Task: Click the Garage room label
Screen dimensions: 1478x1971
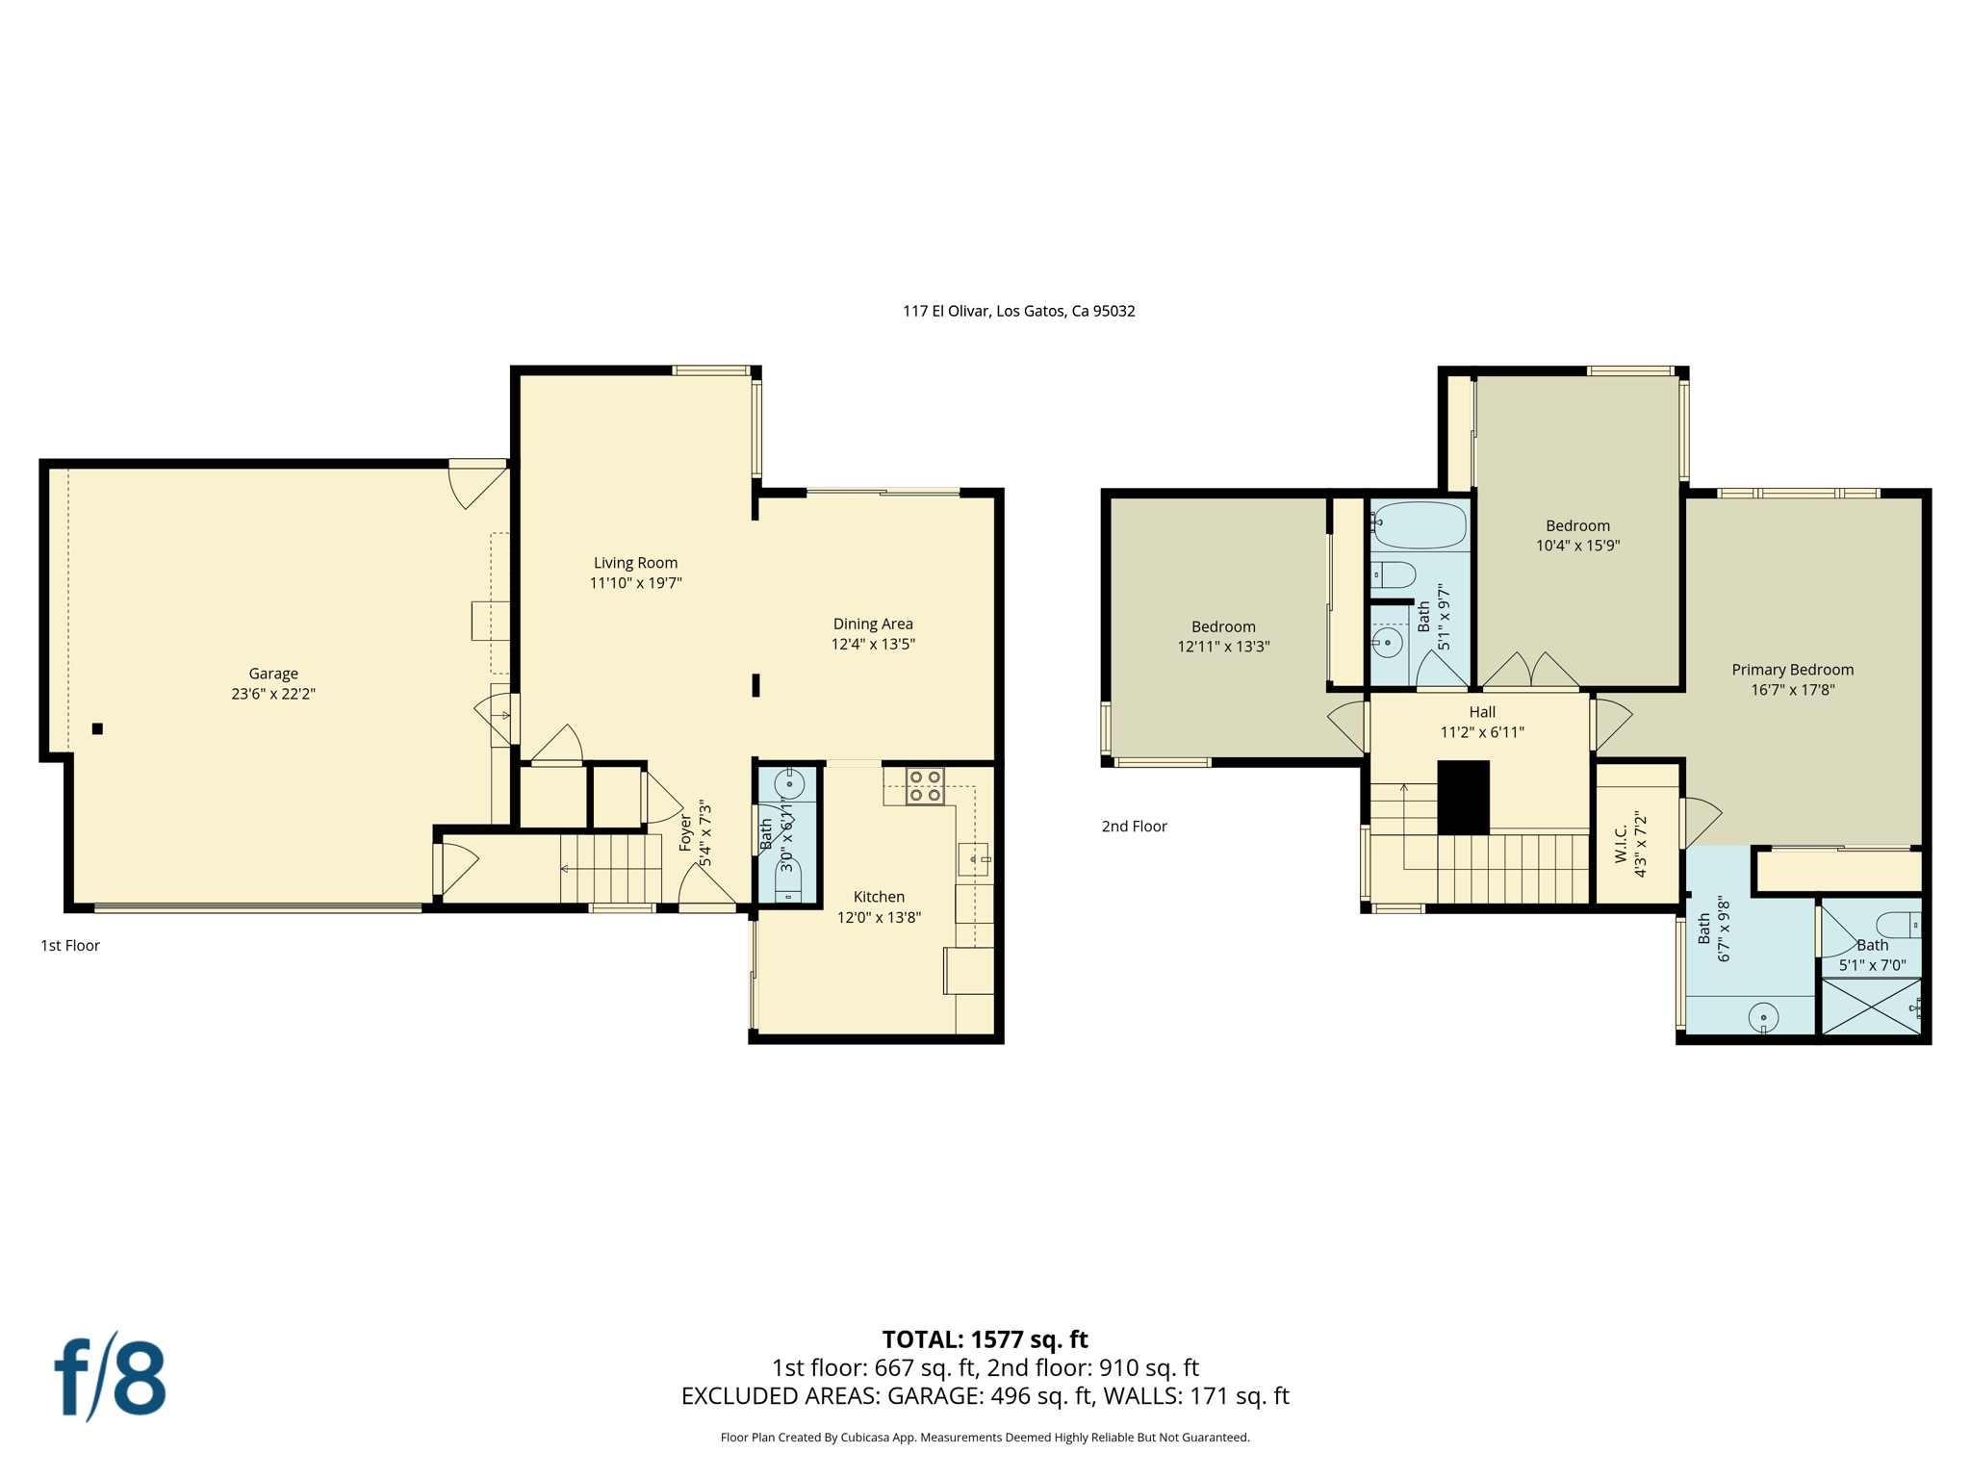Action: pyautogui.click(x=273, y=674)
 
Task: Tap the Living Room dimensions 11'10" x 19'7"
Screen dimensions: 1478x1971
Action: pyautogui.click(x=635, y=582)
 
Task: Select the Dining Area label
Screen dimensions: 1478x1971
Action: pyautogui.click(x=873, y=624)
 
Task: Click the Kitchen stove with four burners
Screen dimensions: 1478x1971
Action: pyautogui.click(x=925, y=786)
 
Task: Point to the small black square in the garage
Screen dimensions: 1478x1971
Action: pyautogui.click(x=97, y=728)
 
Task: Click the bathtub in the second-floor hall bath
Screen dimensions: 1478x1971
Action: pyautogui.click(x=1420, y=525)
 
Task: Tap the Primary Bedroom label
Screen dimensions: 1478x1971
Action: pyautogui.click(x=1792, y=670)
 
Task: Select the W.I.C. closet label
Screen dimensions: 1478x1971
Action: pyautogui.click(x=1621, y=843)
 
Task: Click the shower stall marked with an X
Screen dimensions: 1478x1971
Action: pyautogui.click(x=1870, y=1007)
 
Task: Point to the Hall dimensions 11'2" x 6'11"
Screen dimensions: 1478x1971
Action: pyautogui.click(x=1482, y=731)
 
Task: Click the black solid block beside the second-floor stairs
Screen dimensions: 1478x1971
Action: pyautogui.click(x=1463, y=797)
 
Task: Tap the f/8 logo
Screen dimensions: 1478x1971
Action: pyautogui.click(x=110, y=1377)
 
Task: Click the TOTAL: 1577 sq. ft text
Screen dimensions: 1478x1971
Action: pyautogui.click(x=985, y=1338)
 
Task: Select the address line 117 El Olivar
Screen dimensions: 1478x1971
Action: pyautogui.click(x=1018, y=311)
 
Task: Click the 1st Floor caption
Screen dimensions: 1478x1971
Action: pyautogui.click(x=70, y=945)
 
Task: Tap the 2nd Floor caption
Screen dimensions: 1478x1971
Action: pyautogui.click(x=1134, y=826)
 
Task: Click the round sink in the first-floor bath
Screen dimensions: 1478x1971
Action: pyautogui.click(x=789, y=784)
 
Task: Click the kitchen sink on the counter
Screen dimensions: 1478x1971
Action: pyautogui.click(x=973, y=857)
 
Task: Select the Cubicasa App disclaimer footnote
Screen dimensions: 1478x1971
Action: pyautogui.click(x=985, y=1437)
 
